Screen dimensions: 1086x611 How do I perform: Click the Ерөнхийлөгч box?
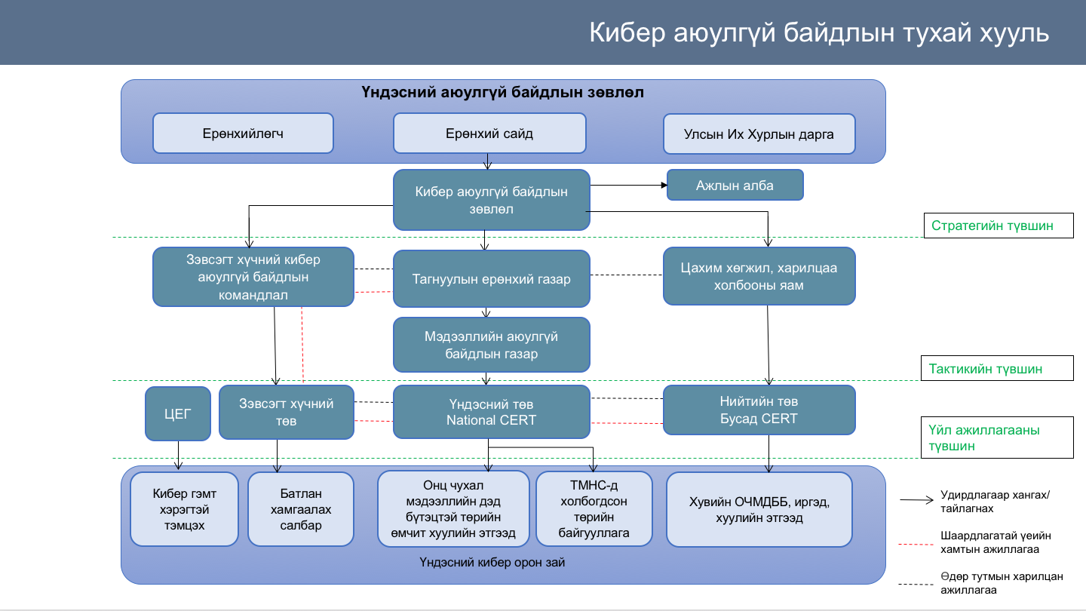(x=243, y=134)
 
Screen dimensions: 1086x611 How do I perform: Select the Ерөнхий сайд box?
(x=489, y=134)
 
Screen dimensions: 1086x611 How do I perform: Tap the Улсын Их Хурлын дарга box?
(x=759, y=134)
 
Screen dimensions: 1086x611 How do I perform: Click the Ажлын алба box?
(x=735, y=185)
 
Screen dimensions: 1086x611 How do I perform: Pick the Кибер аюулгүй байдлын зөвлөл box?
(x=491, y=200)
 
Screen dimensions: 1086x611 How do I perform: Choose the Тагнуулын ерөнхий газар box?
(x=491, y=279)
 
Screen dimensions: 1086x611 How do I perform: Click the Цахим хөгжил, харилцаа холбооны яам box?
(x=759, y=276)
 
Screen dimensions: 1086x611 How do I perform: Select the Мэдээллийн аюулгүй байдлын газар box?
(x=491, y=345)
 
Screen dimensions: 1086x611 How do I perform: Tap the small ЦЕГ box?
(x=178, y=413)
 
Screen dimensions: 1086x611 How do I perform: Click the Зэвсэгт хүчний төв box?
(x=286, y=412)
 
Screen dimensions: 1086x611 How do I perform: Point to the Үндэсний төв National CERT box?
(x=491, y=412)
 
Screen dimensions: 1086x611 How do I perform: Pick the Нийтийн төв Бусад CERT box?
(x=759, y=410)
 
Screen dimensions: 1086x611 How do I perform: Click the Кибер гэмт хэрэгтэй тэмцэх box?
(x=184, y=509)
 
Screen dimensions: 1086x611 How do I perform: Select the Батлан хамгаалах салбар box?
(x=301, y=509)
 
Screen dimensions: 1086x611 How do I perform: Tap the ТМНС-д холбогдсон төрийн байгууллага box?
(x=594, y=508)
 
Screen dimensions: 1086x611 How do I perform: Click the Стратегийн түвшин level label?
(x=999, y=226)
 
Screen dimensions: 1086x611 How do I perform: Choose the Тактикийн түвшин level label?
(x=997, y=369)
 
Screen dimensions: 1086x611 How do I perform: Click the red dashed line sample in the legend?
(x=916, y=545)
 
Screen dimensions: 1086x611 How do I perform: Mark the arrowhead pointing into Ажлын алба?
(x=664, y=185)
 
